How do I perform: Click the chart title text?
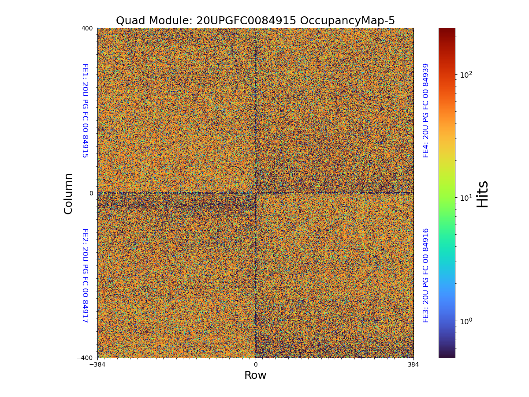(x=255, y=21)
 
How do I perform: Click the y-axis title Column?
(x=68, y=193)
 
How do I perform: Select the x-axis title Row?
(x=255, y=375)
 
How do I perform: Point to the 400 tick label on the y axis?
(x=87, y=28)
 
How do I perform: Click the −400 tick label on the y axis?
(x=85, y=358)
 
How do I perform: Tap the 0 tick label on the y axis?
(x=91, y=193)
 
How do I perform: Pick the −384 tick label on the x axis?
(x=97, y=365)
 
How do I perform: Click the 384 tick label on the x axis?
(x=414, y=365)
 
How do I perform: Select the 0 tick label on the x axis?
(x=255, y=365)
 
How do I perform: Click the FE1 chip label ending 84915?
(x=85, y=110)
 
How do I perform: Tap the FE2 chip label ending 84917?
(x=85, y=275)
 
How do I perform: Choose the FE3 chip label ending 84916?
(x=426, y=275)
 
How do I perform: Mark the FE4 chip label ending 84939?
(x=426, y=110)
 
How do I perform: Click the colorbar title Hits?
(x=483, y=193)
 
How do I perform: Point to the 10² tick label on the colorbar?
(x=466, y=75)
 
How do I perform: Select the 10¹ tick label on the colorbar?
(x=466, y=198)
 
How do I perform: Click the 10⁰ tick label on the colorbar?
(x=466, y=321)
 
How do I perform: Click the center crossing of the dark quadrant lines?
(x=255, y=193)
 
